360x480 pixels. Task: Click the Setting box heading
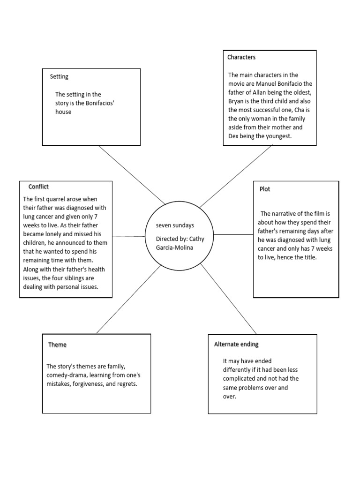click(x=59, y=76)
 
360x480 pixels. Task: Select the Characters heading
click(x=241, y=57)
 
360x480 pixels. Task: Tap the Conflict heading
click(x=38, y=187)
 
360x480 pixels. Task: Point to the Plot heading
click(x=265, y=189)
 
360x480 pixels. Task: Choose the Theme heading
click(x=57, y=345)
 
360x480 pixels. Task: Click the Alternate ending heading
click(x=236, y=344)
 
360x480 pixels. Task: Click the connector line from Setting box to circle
click(x=132, y=176)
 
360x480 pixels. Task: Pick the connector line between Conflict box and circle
click(x=129, y=237)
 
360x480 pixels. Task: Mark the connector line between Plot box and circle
click(x=233, y=234)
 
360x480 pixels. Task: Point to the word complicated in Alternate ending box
click(x=241, y=379)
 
